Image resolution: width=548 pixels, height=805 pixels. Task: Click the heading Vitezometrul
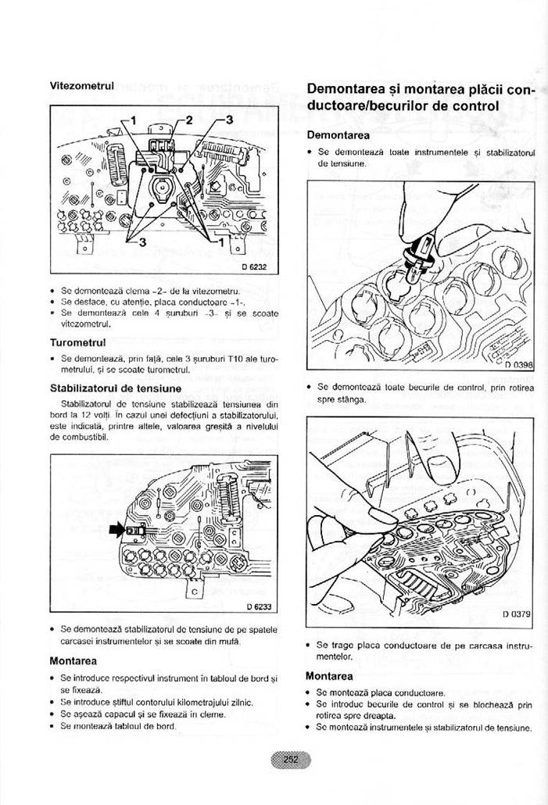tap(82, 84)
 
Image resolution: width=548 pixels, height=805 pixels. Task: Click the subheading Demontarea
tap(338, 134)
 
